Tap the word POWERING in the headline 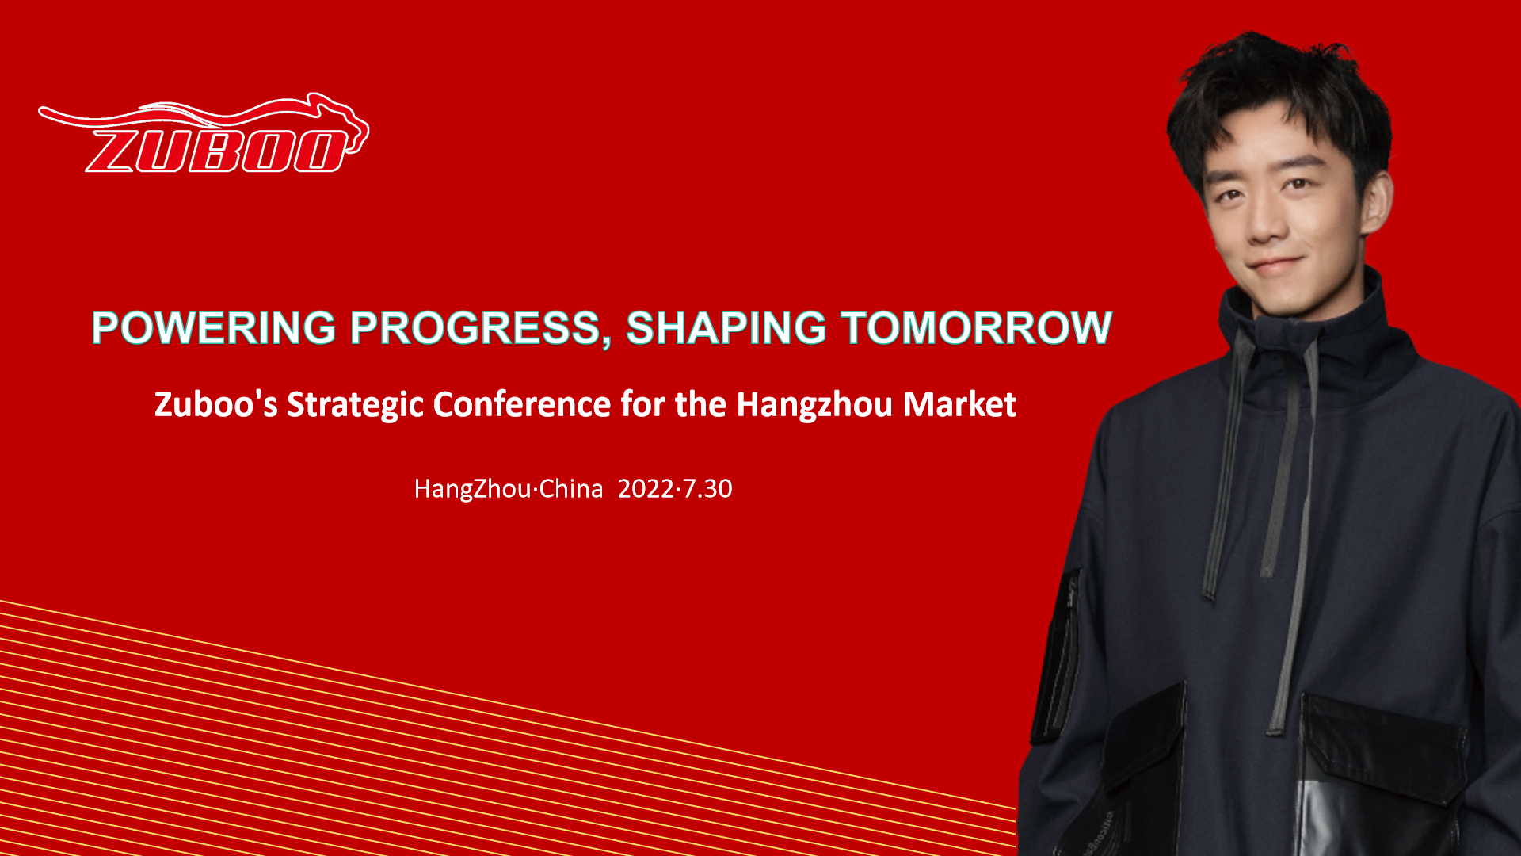point(214,327)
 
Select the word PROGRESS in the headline point(475,327)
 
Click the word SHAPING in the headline point(726,327)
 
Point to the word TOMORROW point(977,327)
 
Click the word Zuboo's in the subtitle point(216,404)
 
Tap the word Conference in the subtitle point(522,404)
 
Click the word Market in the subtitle point(959,404)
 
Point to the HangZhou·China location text point(509,489)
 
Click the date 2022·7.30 point(675,488)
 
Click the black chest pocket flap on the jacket point(1382,741)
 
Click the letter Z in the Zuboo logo point(115,151)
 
